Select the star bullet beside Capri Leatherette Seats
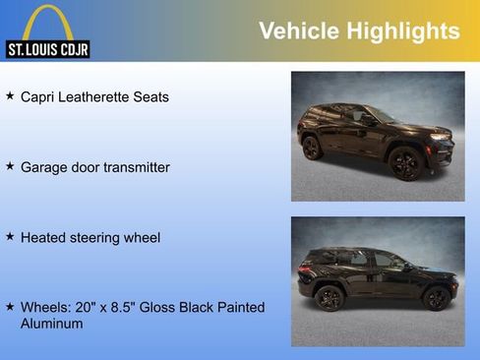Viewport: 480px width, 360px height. (10, 96)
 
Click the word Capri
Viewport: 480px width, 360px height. (38, 97)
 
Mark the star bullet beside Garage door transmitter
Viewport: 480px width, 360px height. (10, 166)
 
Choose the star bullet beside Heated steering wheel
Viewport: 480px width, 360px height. (10, 236)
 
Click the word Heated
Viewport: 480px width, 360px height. (44, 237)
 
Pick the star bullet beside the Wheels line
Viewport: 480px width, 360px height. (10, 307)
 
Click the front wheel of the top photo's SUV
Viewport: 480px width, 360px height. (405, 163)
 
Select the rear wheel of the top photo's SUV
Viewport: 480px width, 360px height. (312, 148)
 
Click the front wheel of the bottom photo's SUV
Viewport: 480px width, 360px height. (436, 297)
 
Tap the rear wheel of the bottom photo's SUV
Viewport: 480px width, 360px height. (330, 297)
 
